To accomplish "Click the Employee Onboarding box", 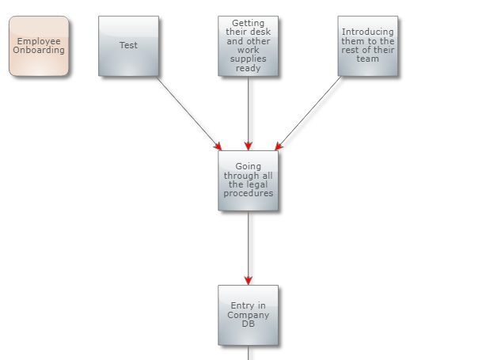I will (x=39, y=46).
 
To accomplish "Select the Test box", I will (x=128, y=46).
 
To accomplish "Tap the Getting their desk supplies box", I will (x=248, y=46).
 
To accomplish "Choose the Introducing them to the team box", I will (x=367, y=46).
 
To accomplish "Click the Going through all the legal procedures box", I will (x=248, y=180).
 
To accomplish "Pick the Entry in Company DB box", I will (x=248, y=315).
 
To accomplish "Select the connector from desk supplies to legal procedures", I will (x=248, y=111).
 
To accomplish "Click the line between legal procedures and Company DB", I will (x=248, y=245).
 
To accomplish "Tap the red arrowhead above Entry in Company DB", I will (x=248, y=280).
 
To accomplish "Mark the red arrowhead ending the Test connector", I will (x=218, y=146).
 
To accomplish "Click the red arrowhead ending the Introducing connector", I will (x=278, y=146).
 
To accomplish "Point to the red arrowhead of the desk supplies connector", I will (x=248, y=146).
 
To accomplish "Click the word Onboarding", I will (x=39, y=51).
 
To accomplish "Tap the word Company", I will (x=248, y=315).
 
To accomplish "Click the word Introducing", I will (x=367, y=32).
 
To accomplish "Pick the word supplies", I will (x=248, y=59).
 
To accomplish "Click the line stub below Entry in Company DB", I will (x=249, y=353).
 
